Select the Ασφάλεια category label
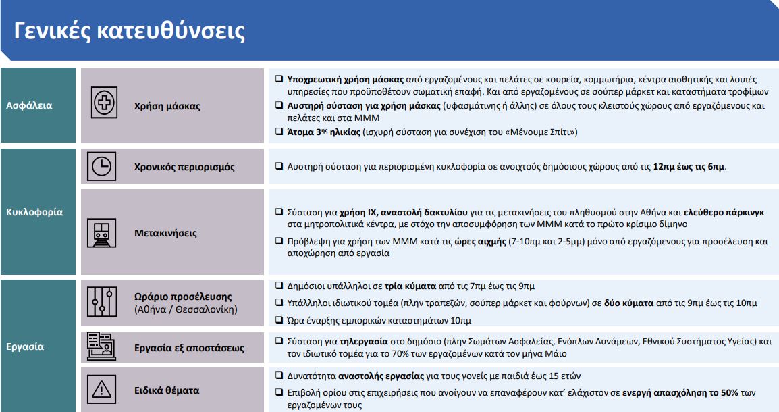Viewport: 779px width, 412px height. (x=29, y=105)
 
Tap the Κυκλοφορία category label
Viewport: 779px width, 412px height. (x=34, y=212)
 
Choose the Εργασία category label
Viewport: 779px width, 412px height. (x=26, y=346)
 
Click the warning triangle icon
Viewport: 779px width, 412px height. (x=102, y=390)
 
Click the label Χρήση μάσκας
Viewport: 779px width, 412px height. (x=167, y=106)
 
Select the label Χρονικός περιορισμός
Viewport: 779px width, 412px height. (x=185, y=167)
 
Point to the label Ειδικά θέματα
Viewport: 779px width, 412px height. (x=167, y=390)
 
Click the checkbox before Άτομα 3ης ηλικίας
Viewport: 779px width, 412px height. (x=278, y=132)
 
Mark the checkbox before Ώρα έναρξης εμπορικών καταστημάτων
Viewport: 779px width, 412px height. (x=278, y=319)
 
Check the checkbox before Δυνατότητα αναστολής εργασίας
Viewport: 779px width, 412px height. (x=278, y=376)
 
